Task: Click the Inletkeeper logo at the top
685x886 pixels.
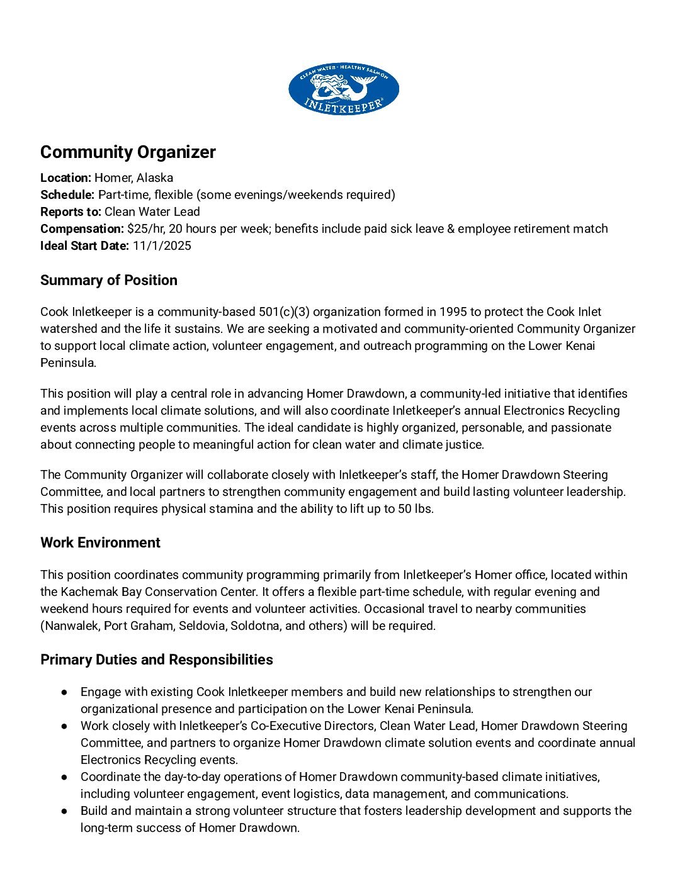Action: pyautogui.click(x=343, y=89)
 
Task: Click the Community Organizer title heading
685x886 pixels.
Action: pyautogui.click(x=128, y=152)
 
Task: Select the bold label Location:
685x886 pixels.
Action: pyautogui.click(x=65, y=178)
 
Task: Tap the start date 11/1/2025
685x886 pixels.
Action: pyautogui.click(x=162, y=246)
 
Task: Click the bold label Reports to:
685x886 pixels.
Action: pyautogui.click(x=71, y=212)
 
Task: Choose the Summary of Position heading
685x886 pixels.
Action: pyautogui.click(x=108, y=281)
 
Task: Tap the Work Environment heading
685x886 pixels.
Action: pyautogui.click(x=100, y=543)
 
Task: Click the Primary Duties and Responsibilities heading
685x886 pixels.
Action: pyautogui.click(x=156, y=660)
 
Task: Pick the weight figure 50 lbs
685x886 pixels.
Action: pyautogui.click(x=415, y=509)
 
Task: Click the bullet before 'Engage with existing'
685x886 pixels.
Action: pyautogui.click(x=64, y=692)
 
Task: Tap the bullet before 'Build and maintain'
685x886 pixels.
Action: pyautogui.click(x=64, y=811)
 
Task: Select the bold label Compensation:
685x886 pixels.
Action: pyautogui.click(x=82, y=229)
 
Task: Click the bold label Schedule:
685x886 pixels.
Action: pyautogui.click(x=67, y=195)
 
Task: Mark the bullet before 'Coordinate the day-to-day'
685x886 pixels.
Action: pyautogui.click(x=64, y=777)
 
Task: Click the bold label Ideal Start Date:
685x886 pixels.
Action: pyautogui.click(x=84, y=246)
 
